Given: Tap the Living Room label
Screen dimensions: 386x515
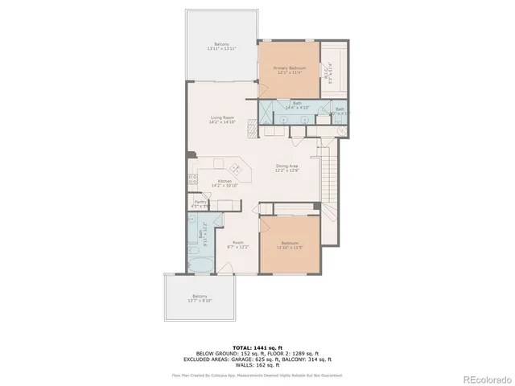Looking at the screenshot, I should (222, 120).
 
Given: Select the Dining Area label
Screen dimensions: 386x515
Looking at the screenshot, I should (287, 167).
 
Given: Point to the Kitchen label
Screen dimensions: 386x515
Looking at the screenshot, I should (226, 183).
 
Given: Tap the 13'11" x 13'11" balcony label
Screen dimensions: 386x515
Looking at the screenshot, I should (222, 46).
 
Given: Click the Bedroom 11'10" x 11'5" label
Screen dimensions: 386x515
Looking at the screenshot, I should (290, 244).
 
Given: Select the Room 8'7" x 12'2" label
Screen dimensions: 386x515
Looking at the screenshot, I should (238, 244).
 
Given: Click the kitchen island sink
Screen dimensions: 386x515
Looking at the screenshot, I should (237, 169).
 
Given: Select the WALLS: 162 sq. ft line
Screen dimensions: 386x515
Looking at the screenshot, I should (257, 364).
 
